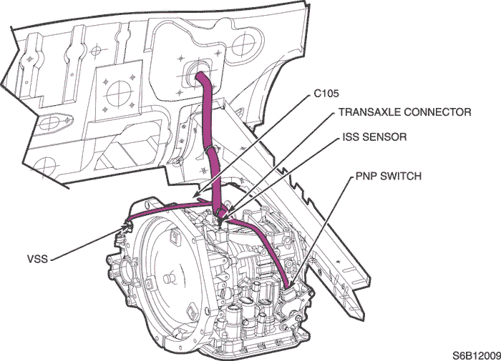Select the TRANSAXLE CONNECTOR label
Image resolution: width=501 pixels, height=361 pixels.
pos(404,112)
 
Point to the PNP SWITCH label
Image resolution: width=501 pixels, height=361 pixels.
pos(389,176)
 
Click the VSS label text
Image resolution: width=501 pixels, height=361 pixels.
pos(36,259)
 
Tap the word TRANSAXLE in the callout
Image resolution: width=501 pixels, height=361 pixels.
pos(366,112)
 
